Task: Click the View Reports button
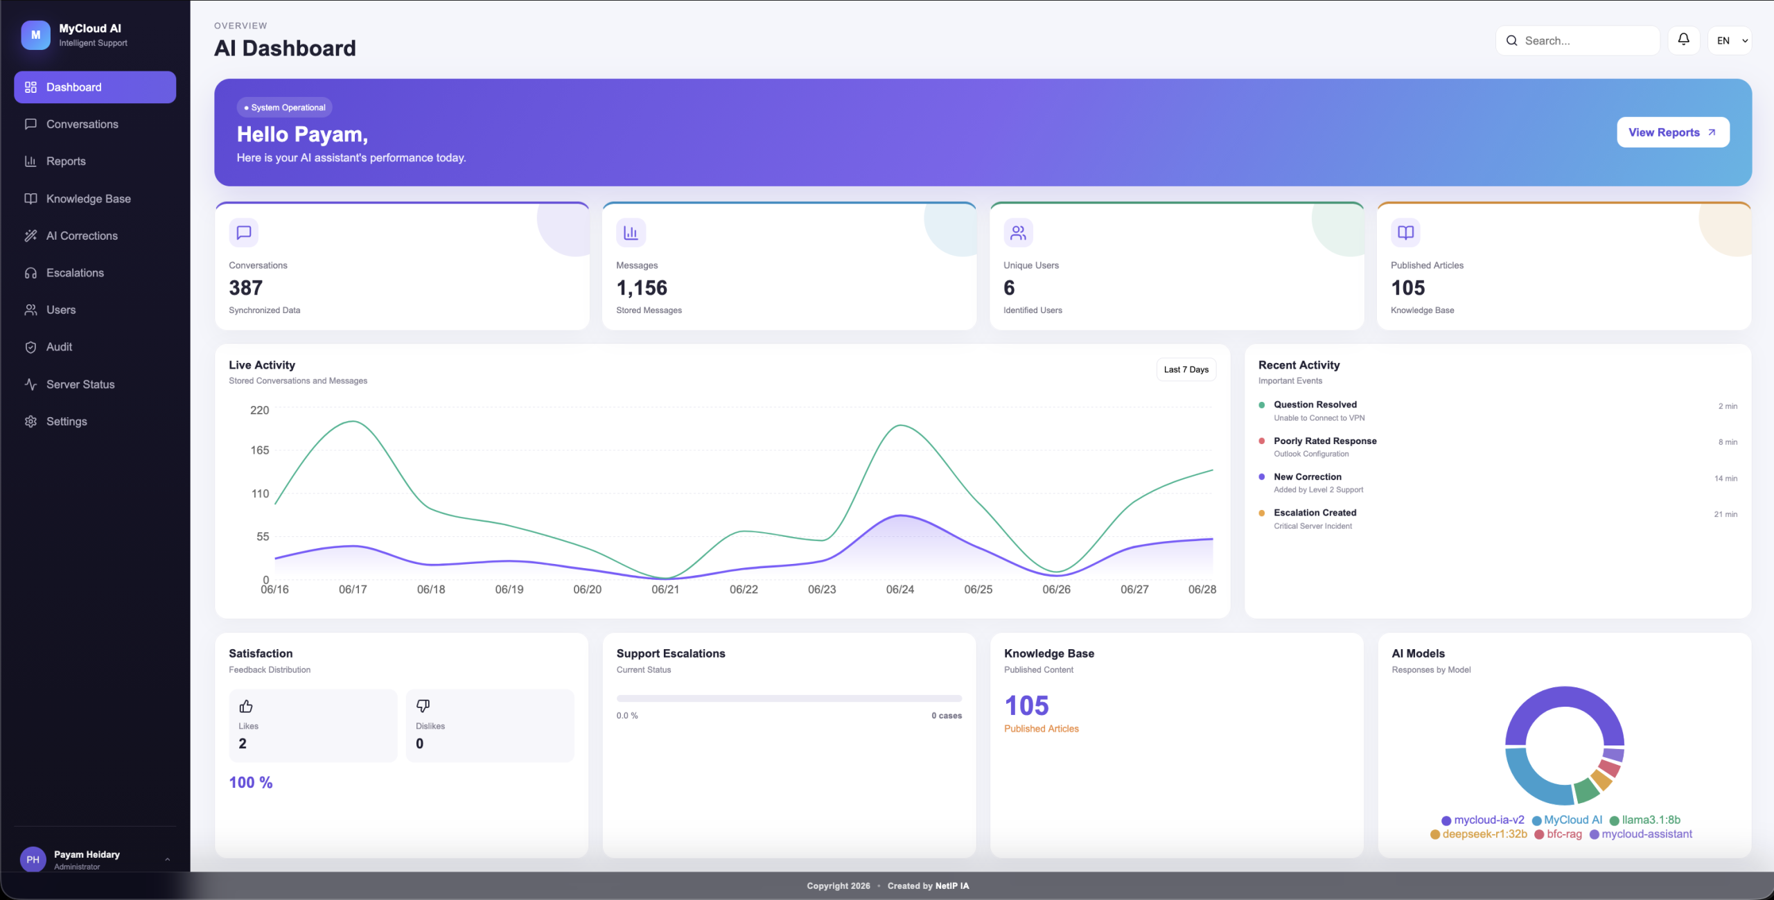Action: (1673, 132)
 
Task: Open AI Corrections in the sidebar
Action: (82, 236)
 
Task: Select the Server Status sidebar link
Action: (80, 384)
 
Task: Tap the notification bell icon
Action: (1683, 40)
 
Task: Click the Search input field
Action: (1577, 41)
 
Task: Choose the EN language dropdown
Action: (1730, 41)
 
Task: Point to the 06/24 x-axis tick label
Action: (899, 590)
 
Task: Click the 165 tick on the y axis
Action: (260, 450)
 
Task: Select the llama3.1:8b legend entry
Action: (1644, 820)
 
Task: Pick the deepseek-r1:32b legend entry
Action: (1479, 834)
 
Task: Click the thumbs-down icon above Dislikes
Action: (423, 706)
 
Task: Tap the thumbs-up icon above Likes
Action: (246, 706)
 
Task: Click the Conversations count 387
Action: (246, 288)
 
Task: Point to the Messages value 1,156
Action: (642, 288)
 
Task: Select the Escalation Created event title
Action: (1315, 513)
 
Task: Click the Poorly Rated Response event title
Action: (1325, 441)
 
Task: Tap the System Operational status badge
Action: (285, 107)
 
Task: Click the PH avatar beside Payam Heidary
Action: (33, 860)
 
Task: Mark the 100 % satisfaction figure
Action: (251, 782)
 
